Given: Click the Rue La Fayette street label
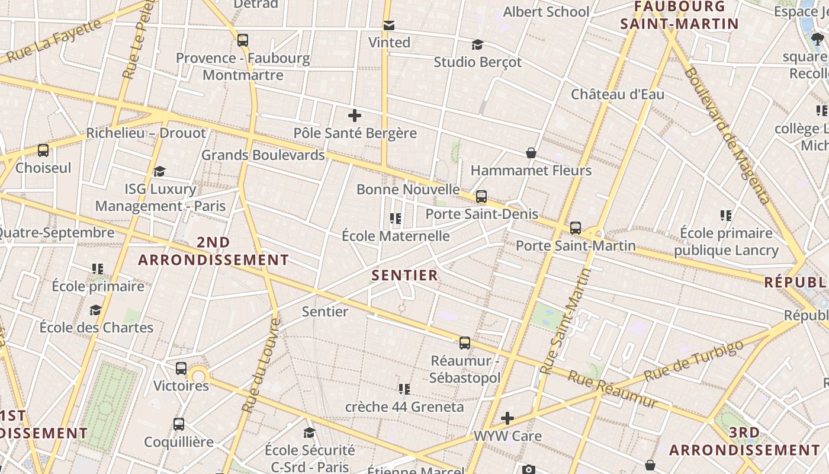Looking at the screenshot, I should click(53, 41).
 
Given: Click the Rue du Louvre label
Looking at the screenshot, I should click(261, 366).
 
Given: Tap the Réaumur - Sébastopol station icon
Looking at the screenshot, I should click(465, 342).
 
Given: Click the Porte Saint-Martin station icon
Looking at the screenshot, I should click(575, 228).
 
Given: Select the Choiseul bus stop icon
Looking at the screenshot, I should click(43, 150).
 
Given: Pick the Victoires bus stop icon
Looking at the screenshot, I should click(181, 368).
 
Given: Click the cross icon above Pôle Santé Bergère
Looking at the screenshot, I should click(355, 116).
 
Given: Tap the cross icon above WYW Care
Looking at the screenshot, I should click(507, 418).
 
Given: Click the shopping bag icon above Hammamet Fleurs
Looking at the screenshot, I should click(531, 153).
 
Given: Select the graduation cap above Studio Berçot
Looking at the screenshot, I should click(477, 44).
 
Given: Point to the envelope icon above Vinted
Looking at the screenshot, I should click(389, 25).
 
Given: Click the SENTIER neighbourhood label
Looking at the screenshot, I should click(405, 275).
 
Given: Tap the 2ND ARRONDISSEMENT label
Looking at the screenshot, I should click(213, 251).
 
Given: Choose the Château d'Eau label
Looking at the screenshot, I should click(618, 94).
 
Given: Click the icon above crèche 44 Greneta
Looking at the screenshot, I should click(404, 389).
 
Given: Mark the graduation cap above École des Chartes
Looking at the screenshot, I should click(96, 310).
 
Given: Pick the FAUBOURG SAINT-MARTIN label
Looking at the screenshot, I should click(680, 15).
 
